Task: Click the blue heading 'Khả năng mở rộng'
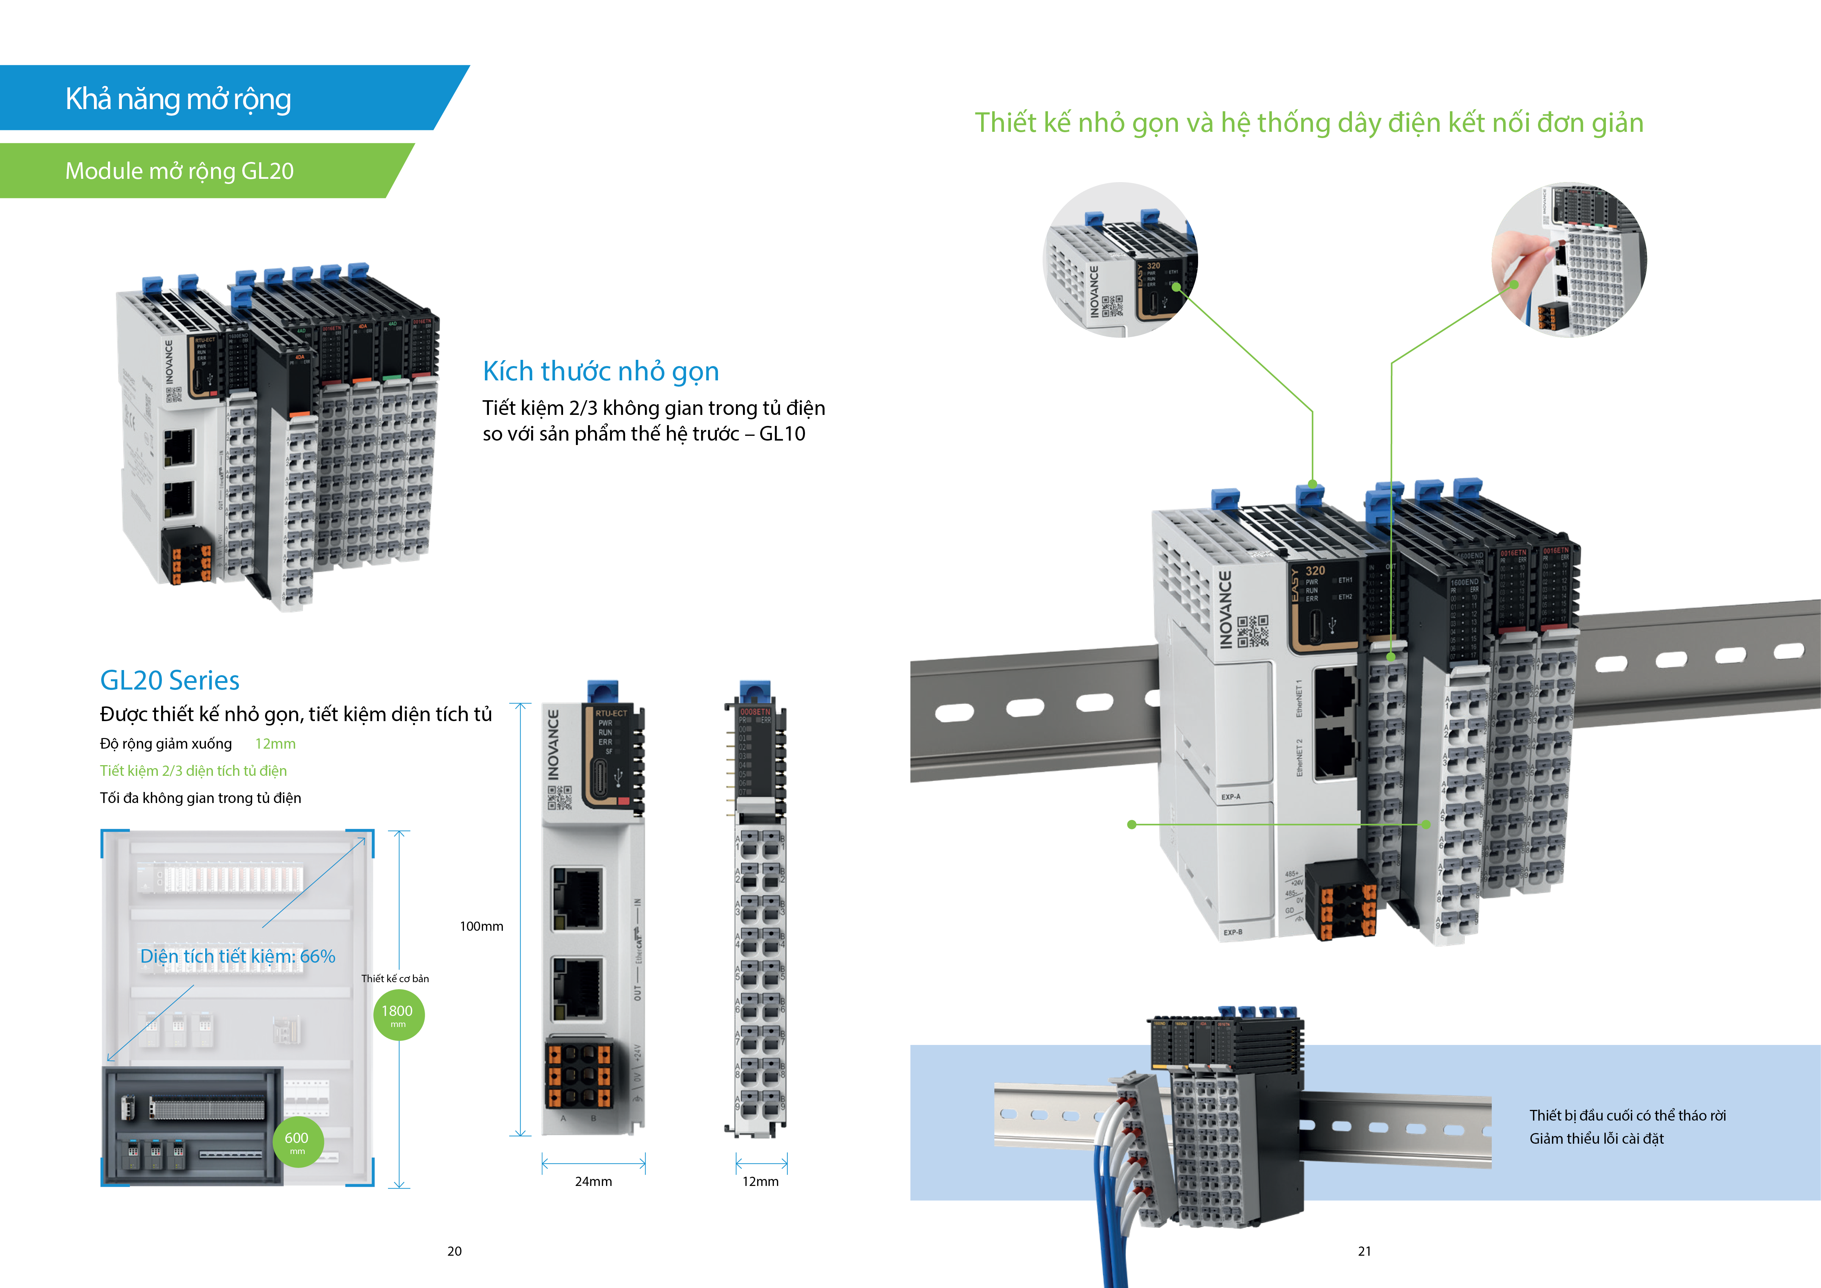click(x=178, y=99)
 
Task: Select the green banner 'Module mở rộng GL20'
click(x=179, y=170)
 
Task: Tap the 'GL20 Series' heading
click(x=170, y=680)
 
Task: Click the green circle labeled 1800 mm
click(x=398, y=1014)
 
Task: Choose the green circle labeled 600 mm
click(x=297, y=1141)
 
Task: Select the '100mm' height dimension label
click(x=482, y=926)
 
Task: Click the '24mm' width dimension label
click(x=593, y=1181)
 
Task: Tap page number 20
click(x=454, y=1251)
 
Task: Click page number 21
click(x=1364, y=1251)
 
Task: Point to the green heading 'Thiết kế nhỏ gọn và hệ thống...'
click(x=1309, y=123)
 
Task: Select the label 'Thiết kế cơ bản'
click(x=395, y=979)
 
